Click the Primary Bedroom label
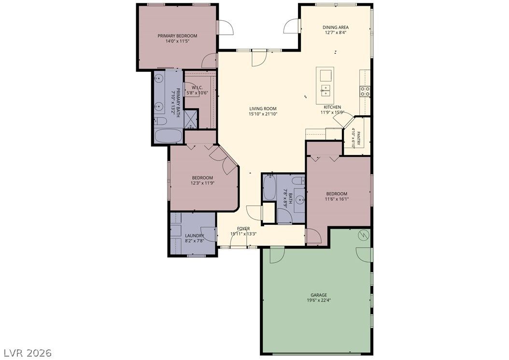coord(177,36)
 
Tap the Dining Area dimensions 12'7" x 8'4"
coord(335,32)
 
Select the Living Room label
coord(263,109)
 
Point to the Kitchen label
coord(332,107)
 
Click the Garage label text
coord(319,295)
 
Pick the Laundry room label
coord(195,236)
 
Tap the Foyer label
coord(243,229)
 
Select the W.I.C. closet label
coord(197,87)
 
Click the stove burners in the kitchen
coord(365,92)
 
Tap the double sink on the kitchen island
coord(325,91)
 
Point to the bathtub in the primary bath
coord(168,136)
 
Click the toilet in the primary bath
coord(160,122)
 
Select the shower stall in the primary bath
coord(191,119)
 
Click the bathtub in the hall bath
coord(269,188)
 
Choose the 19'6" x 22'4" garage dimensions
coord(319,300)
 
